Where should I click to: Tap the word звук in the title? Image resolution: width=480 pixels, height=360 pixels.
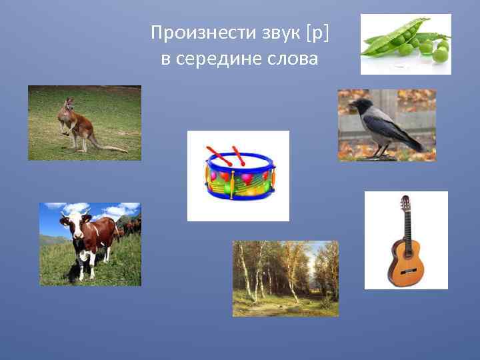pos(259,32)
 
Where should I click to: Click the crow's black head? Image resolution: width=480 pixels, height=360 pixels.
pos(363,105)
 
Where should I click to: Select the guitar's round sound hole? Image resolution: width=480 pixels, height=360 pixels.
pos(405,253)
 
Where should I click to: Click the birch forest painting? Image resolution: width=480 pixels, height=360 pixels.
pos(285,278)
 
